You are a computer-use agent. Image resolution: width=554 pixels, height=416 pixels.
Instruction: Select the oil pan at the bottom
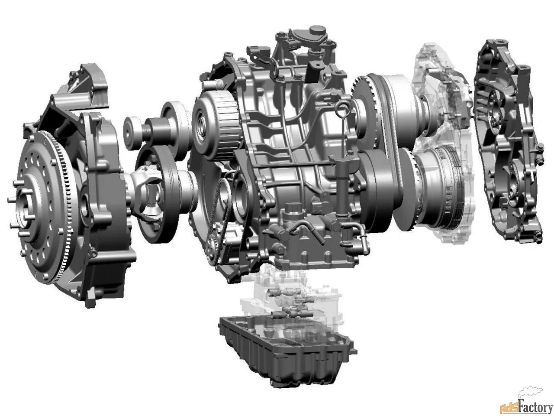(x=286, y=351)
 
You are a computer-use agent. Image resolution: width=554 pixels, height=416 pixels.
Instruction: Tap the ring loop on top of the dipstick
(x=341, y=107)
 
